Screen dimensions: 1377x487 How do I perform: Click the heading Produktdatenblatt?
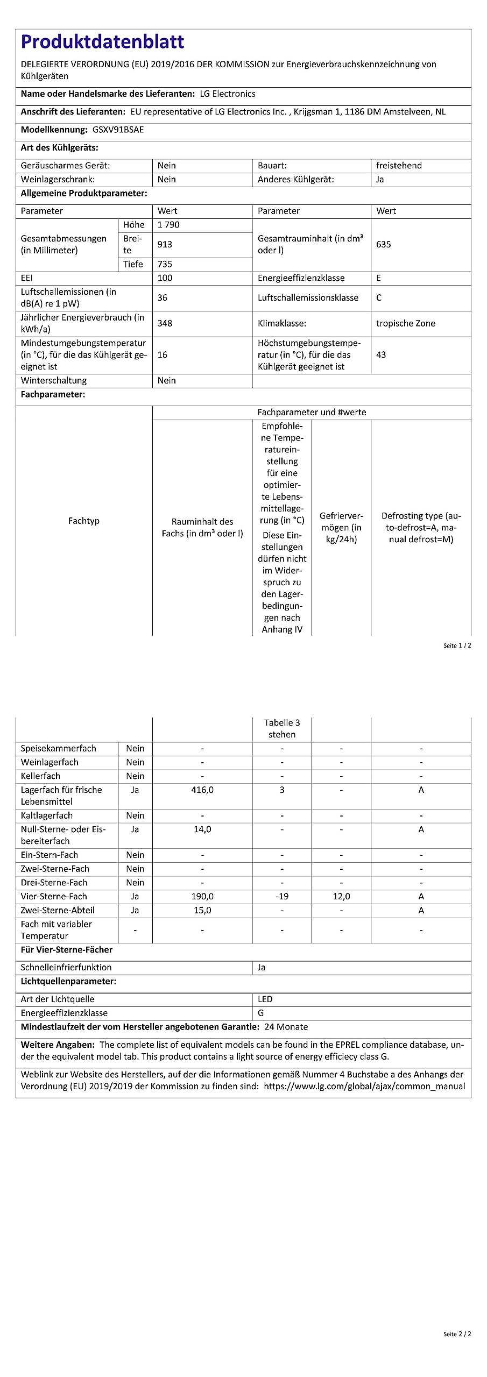pyautogui.click(x=102, y=42)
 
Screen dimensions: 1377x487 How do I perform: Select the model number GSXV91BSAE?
pyautogui.click(x=114, y=130)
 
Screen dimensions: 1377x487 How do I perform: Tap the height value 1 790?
pyautogui.click(x=168, y=225)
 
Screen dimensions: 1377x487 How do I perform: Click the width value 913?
pyautogui.click(x=165, y=244)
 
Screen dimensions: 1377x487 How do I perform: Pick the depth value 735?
pyautogui.click(x=165, y=264)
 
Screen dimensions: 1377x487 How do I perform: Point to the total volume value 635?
pyautogui.click(x=383, y=244)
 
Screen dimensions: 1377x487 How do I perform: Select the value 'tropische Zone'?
pyautogui.click(x=405, y=323)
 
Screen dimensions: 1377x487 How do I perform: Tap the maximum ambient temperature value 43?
pyautogui.click(x=381, y=354)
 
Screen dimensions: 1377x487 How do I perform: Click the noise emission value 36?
pyautogui.click(x=163, y=297)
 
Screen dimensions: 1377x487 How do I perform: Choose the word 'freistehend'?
pyautogui.click(x=399, y=166)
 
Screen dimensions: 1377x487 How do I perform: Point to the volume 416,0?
pyautogui.click(x=202, y=790)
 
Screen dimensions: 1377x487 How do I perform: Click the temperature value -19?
pyautogui.click(x=282, y=896)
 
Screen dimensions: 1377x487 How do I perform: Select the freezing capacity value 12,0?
pyautogui.click(x=341, y=896)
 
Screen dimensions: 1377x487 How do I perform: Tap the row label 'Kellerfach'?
pyautogui.click(x=40, y=776)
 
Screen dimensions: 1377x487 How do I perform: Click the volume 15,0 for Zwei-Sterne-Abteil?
pyautogui.click(x=202, y=910)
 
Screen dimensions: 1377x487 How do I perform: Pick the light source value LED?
pyautogui.click(x=265, y=999)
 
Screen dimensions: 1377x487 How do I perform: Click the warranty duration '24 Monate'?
pyautogui.click(x=286, y=1027)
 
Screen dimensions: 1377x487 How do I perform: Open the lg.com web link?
pyautogui.click(x=364, y=1086)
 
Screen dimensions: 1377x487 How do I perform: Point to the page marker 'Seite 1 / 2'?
pyautogui.click(x=457, y=645)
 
